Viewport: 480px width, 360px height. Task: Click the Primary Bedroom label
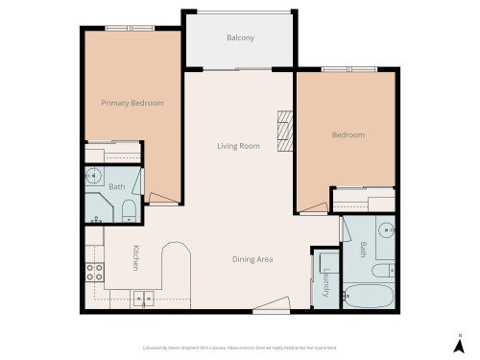tap(132, 103)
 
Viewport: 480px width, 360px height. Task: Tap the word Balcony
tap(240, 37)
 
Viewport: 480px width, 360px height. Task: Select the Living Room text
tap(238, 146)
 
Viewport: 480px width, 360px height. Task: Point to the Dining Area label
tap(254, 259)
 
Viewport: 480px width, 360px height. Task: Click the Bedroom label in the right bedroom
tap(348, 135)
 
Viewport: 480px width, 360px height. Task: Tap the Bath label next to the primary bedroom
tap(116, 186)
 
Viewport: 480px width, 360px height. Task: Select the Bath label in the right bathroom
tap(363, 250)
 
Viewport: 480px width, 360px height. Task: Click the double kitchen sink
tap(142, 298)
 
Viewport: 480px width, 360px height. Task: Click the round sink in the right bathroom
tap(384, 230)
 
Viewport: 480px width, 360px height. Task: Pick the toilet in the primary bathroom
tap(130, 211)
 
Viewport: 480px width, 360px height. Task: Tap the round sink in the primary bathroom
tap(95, 177)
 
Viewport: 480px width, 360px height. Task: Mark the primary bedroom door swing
tap(163, 199)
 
